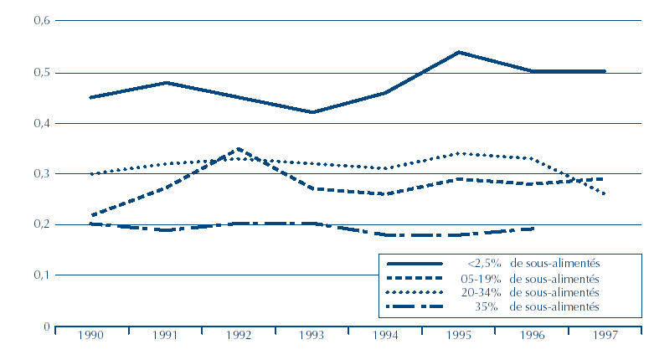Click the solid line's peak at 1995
(x=459, y=52)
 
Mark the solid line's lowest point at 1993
(x=312, y=112)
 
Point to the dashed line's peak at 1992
(x=239, y=149)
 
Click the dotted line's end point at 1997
(x=605, y=194)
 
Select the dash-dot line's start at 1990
(x=90, y=224)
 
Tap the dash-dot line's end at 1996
(x=532, y=229)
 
